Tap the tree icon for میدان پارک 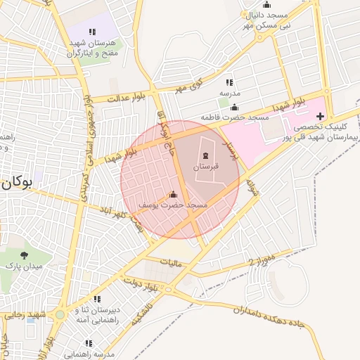25,255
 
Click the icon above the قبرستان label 206,155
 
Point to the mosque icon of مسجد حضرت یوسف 173,194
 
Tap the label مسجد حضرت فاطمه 230,116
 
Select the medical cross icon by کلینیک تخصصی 320,115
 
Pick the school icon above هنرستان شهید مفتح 92,32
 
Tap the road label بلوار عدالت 127,98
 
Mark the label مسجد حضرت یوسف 173,205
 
